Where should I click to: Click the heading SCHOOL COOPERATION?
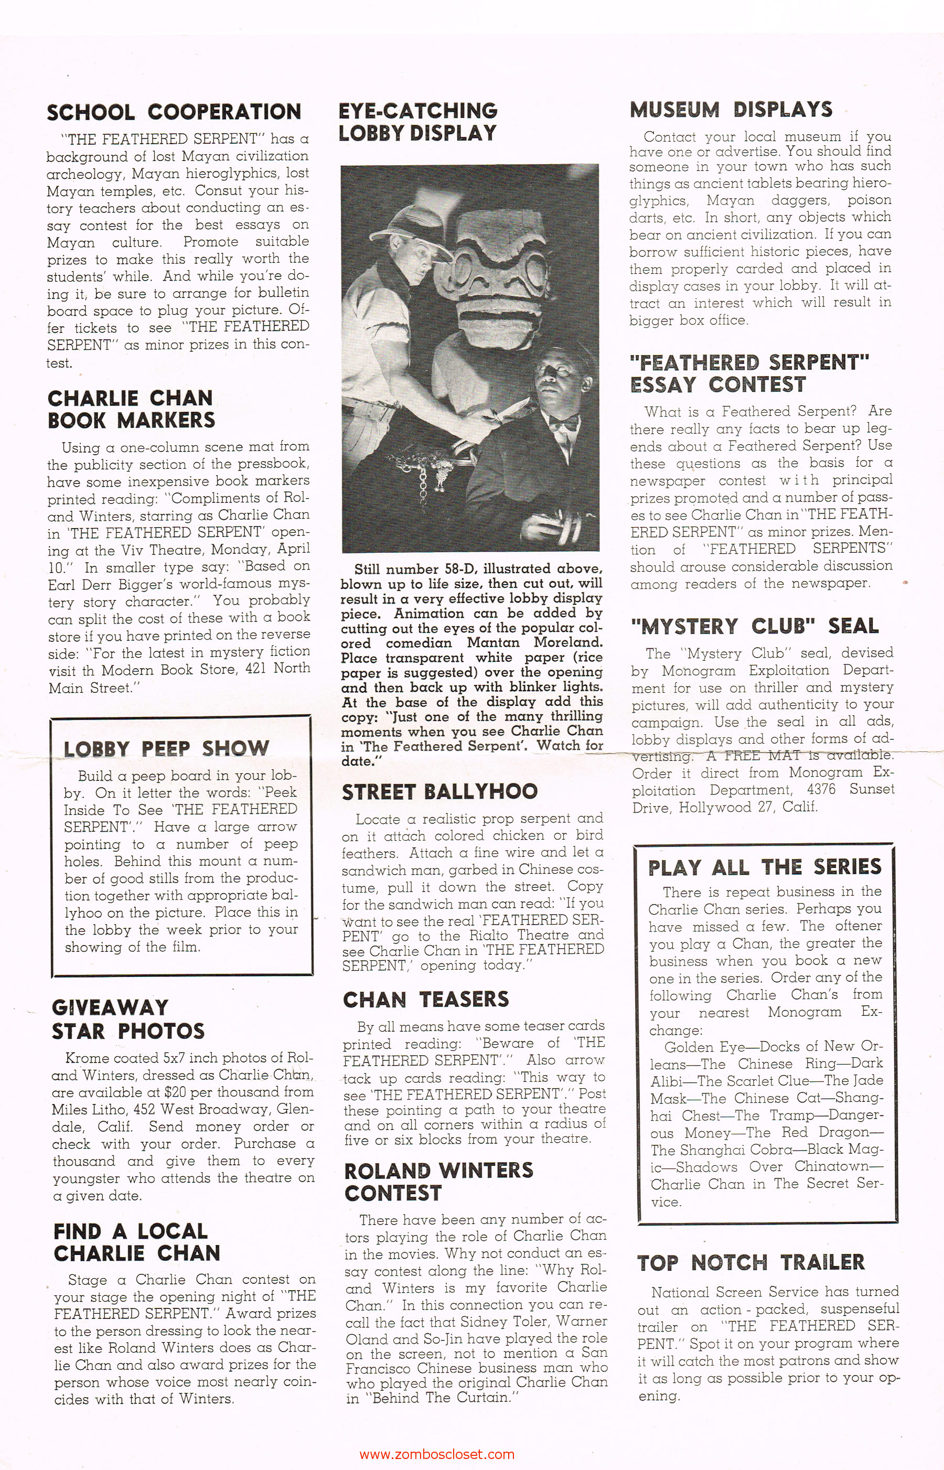pyautogui.click(x=174, y=112)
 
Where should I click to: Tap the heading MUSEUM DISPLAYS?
pyautogui.click(x=731, y=110)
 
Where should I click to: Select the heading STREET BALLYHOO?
pyautogui.click(x=439, y=791)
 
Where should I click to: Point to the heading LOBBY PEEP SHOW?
pyautogui.click(x=167, y=748)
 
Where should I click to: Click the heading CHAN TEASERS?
pyautogui.click(x=426, y=999)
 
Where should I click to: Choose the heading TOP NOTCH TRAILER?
pyautogui.click(x=751, y=1262)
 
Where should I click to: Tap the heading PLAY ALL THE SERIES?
pyautogui.click(x=765, y=867)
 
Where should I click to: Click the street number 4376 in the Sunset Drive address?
pyautogui.click(x=820, y=790)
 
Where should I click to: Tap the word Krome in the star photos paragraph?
pyautogui.click(x=83, y=1058)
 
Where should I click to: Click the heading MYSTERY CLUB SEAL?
pyautogui.click(x=755, y=626)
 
